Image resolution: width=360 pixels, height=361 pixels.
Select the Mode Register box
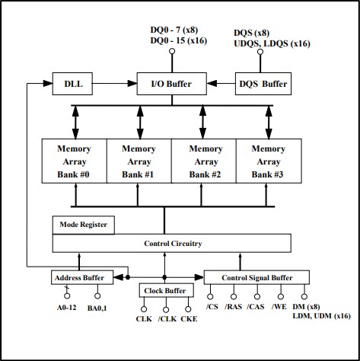(84, 225)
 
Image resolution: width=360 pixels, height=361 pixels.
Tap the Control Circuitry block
(171, 244)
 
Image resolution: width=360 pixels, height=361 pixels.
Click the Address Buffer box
(81, 276)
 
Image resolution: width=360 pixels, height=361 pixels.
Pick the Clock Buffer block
(164, 291)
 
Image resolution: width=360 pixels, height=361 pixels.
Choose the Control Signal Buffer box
(257, 276)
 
